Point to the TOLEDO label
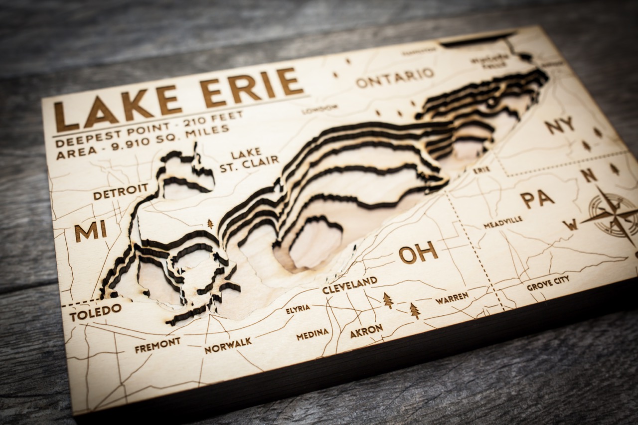95,312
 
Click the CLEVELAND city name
349,285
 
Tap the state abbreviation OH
418,253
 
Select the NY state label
559,126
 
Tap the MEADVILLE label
503,222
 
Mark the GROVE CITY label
548,283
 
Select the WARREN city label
452,298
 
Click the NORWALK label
228,345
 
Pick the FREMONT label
158,345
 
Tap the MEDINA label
313,334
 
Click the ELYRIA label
298,309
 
